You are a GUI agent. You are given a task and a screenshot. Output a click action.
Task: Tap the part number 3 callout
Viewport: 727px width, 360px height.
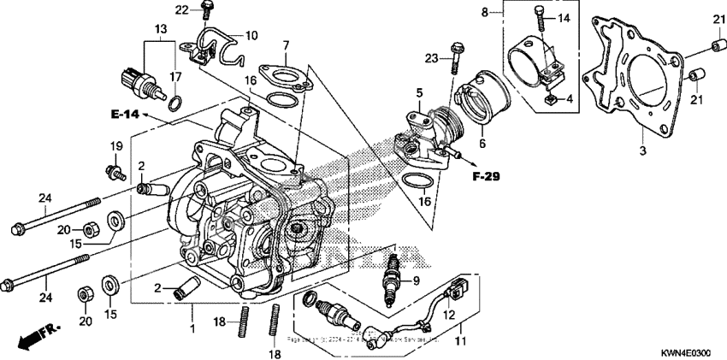tap(641, 150)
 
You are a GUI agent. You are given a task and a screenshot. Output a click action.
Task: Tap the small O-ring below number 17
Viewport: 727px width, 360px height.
tap(174, 104)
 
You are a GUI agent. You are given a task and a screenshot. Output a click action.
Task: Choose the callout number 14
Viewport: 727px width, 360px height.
tap(563, 18)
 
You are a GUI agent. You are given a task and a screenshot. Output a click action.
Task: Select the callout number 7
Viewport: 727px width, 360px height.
tap(286, 44)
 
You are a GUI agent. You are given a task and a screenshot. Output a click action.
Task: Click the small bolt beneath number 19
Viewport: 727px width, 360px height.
tap(111, 172)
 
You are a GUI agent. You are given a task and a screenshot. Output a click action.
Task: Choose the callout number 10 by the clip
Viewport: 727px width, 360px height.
tap(251, 36)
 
